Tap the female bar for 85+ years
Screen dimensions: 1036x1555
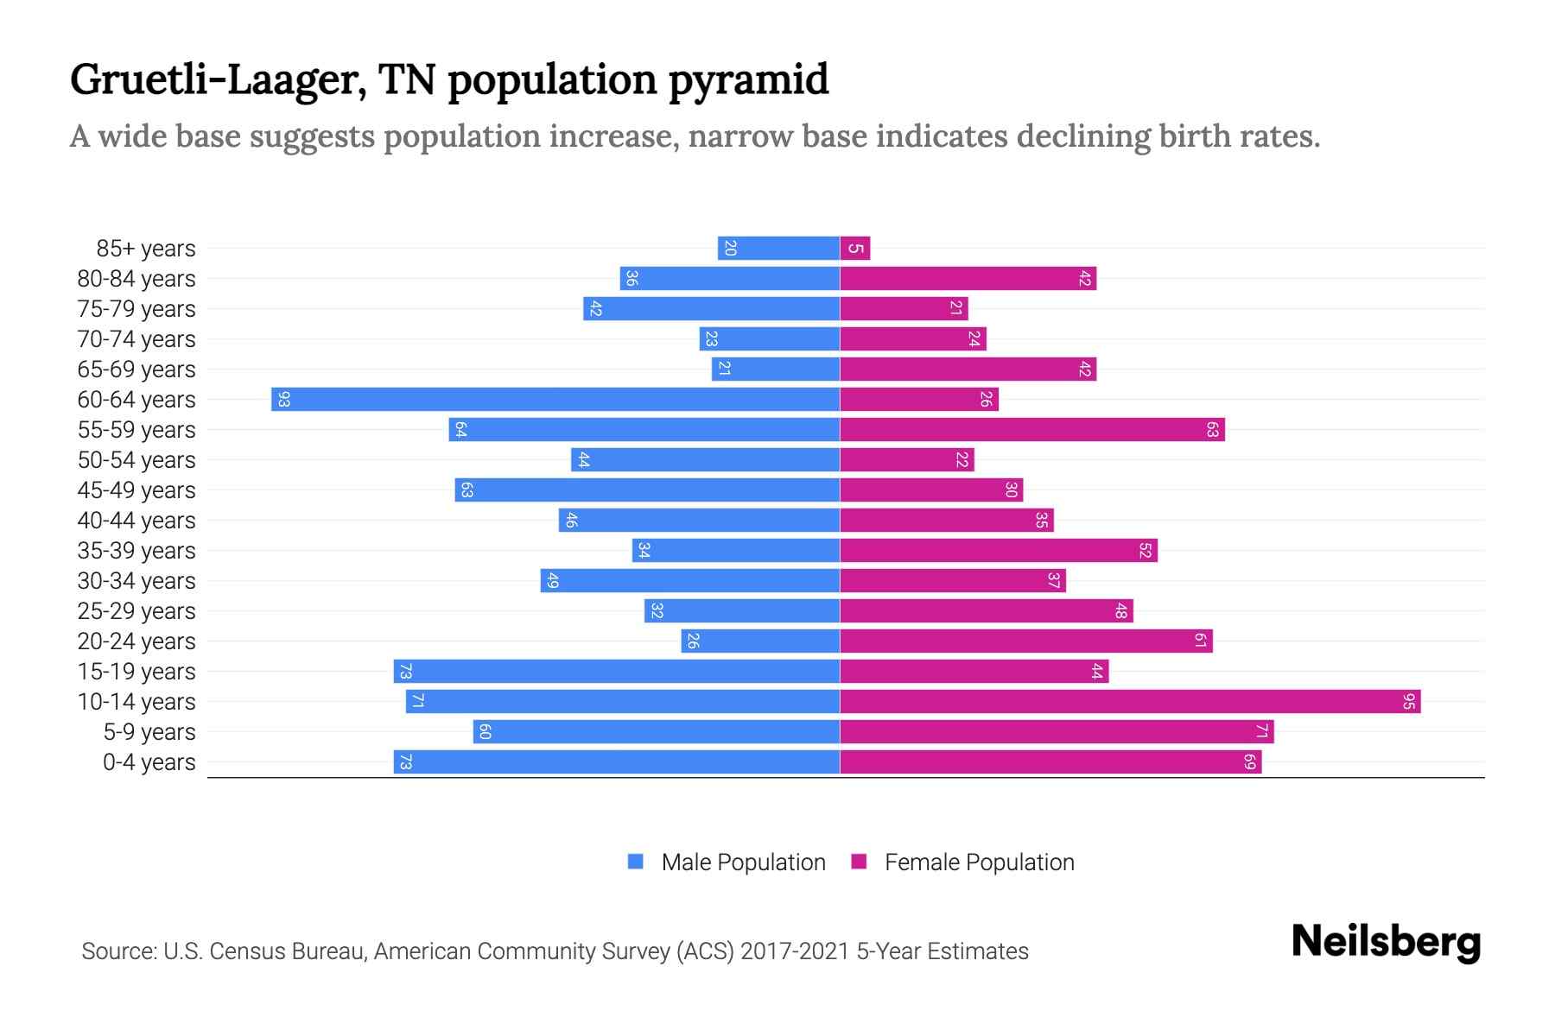pos(855,248)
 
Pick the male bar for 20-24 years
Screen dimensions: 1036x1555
pos(760,641)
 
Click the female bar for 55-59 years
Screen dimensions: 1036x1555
pos(1032,429)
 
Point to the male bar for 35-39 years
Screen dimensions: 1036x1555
pos(736,550)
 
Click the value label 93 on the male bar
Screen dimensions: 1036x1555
pos(283,399)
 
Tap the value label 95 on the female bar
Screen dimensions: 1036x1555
pos(1408,701)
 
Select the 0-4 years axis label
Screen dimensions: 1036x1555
pos(149,762)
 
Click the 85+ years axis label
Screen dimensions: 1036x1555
pos(145,249)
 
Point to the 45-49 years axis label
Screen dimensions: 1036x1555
pos(136,490)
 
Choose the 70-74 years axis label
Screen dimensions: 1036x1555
pos(136,339)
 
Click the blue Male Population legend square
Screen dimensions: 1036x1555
pos(636,862)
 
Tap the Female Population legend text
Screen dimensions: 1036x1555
pos(979,862)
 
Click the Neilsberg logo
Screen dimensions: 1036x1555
pos(1386,942)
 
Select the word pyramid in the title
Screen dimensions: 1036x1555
pos(748,80)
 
